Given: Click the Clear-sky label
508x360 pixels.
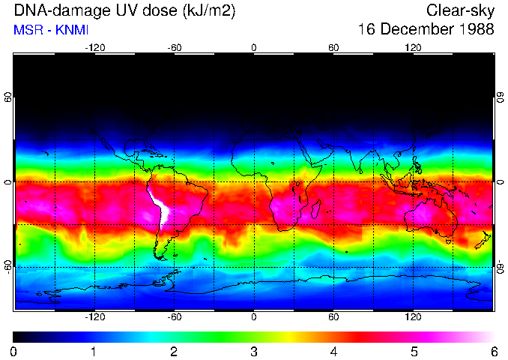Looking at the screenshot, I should [460, 10].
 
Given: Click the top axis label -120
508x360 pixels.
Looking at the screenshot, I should [94, 47].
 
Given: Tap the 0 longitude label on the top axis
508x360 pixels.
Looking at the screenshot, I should [254, 47].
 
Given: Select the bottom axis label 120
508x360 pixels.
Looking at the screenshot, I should [413, 317].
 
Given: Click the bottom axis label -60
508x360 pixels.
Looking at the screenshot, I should [174, 317].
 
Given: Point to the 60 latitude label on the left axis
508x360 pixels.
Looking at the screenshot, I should [8, 98].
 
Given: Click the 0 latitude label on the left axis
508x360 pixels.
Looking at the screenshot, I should [8, 182].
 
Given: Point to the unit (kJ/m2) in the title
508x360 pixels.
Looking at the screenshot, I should [214, 10].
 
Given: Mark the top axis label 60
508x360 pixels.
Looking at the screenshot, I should [333, 47].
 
